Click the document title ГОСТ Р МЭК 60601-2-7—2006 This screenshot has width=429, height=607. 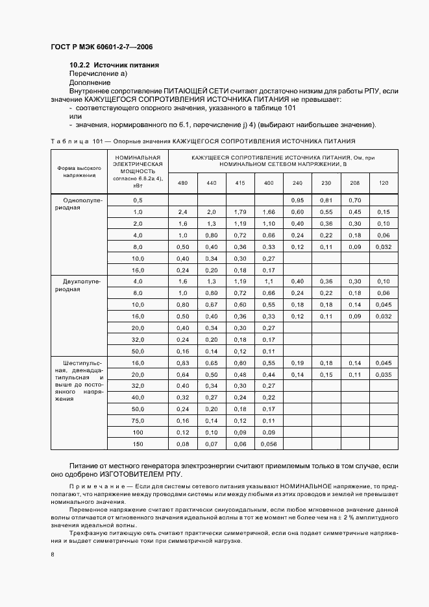(101, 48)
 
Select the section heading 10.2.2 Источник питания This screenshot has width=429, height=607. (114, 65)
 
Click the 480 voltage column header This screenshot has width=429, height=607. (182, 183)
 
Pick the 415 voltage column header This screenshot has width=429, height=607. (239, 183)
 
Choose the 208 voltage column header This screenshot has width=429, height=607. (354, 183)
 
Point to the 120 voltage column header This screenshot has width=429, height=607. (384, 183)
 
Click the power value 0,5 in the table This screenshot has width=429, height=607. (138, 200)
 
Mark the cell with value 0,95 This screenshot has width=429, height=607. (297, 200)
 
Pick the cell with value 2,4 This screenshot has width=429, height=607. (182, 212)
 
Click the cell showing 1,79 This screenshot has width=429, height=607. (239, 212)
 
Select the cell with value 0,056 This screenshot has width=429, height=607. (268, 444)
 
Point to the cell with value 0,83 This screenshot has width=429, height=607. (182, 363)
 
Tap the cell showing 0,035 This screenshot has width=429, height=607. (384, 374)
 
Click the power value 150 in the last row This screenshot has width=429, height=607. (138, 444)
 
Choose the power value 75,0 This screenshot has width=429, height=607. (138, 420)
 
